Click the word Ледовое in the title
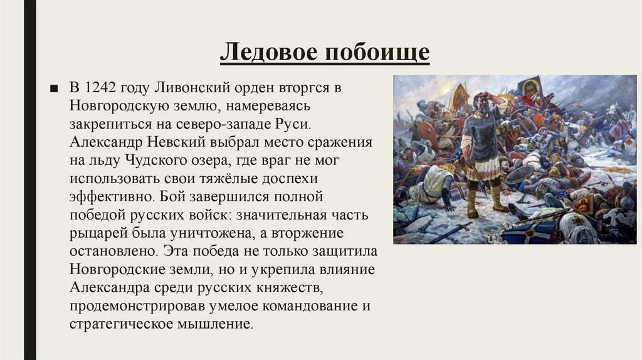267,52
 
